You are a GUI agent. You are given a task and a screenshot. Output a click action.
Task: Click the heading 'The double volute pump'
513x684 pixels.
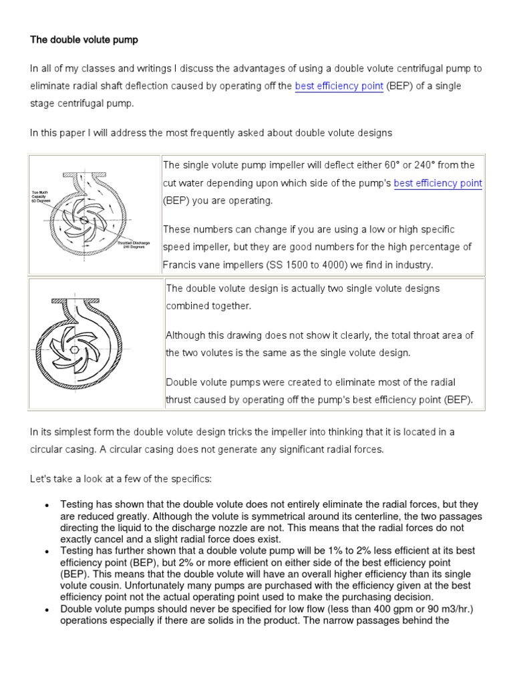click(84, 40)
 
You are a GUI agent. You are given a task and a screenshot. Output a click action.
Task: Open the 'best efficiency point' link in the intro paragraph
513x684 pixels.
click(339, 86)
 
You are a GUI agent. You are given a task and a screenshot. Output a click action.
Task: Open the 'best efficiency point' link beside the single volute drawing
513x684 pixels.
click(438, 183)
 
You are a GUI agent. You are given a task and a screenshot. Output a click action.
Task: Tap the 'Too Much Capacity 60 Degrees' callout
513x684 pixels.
click(41, 196)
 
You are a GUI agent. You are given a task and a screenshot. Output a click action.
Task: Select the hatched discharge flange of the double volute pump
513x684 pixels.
click(79, 299)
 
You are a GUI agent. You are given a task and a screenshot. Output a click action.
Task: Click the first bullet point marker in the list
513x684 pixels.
click(47, 506)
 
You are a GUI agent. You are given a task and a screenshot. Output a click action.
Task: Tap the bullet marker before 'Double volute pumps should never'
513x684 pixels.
click(47, 610)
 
